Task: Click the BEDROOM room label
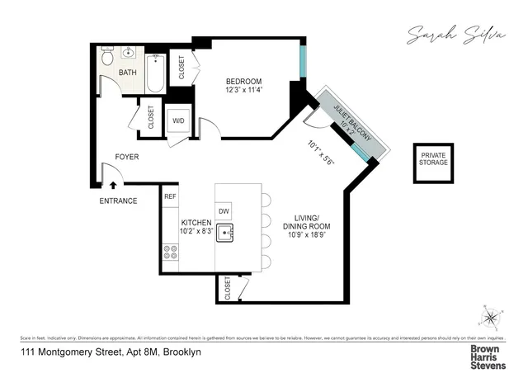tap(244, 81)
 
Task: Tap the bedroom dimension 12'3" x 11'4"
tap(244, 91)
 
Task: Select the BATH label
tap(128, 73)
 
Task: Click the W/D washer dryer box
tap(178, 120)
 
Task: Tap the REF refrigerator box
tap(170, 196)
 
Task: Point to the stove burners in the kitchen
tap(172, 252)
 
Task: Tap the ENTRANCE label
tap(118, 201)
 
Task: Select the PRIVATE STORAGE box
tap(434, 159)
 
